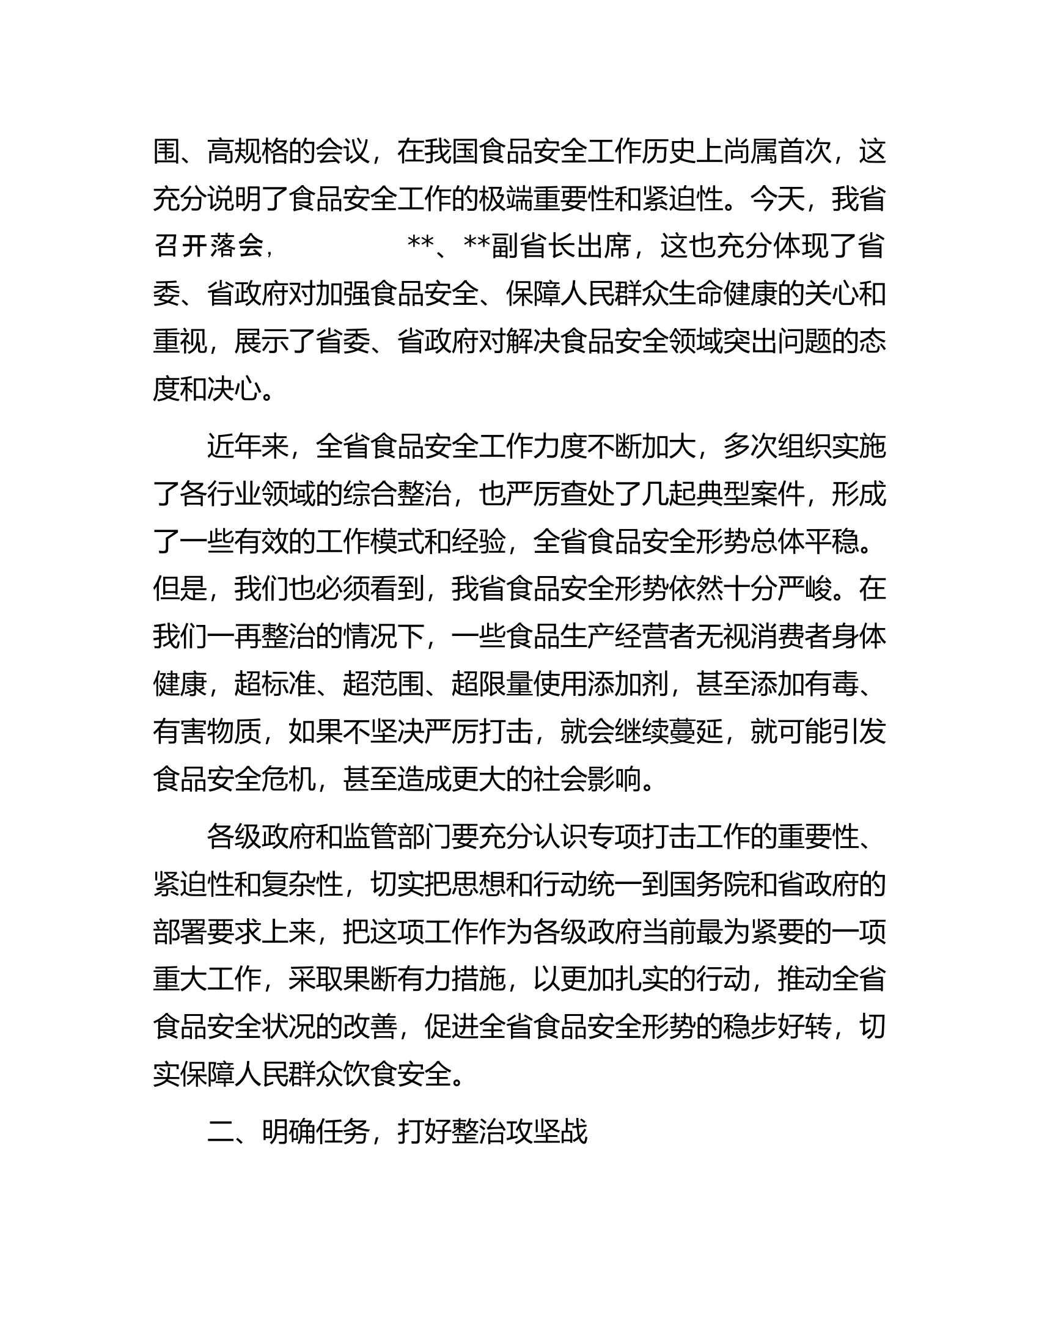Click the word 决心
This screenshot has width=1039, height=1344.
click(235, 389)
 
